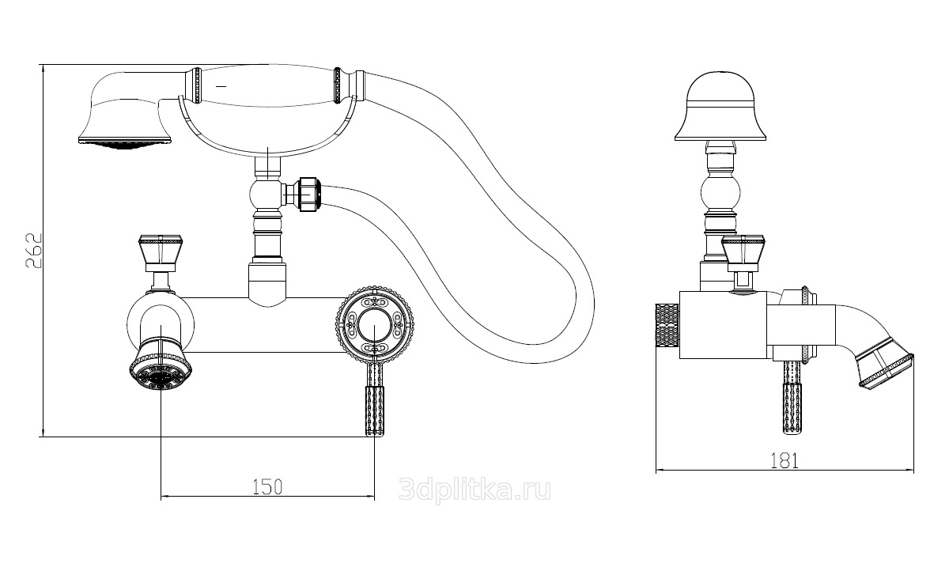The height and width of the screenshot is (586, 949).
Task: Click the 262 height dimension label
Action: click(34, 250)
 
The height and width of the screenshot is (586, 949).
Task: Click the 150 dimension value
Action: click(267, 487)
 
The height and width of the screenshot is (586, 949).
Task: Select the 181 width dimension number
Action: click(785, 461)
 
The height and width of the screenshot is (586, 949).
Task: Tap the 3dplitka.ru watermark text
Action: click(475, 490)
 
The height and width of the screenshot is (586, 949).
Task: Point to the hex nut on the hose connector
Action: click(308, 195)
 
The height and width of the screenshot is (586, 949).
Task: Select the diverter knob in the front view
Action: click(160, 253)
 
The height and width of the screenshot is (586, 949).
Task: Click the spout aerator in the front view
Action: click(161, 366)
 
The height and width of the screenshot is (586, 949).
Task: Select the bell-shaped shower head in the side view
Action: click(720, 106)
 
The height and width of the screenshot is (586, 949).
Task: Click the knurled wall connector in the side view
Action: click(667, 325)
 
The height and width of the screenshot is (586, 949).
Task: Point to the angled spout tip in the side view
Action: click(887, 369)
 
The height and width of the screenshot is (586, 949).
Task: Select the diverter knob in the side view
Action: click(743, 253)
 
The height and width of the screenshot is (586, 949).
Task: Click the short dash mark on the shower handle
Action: click(221, 86)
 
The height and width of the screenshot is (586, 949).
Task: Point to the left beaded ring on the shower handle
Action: click(197, 85)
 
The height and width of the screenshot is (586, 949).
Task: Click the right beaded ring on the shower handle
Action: click(338, 85)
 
